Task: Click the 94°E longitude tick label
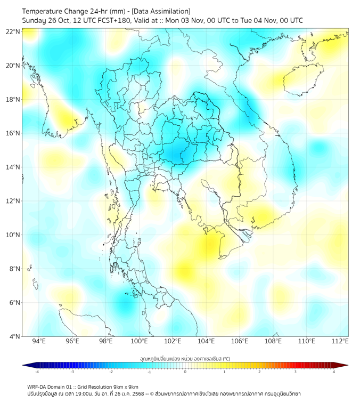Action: pos(39,341)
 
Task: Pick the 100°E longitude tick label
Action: pos(140,341)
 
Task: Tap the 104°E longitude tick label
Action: pos(206,341)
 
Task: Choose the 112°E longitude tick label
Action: pos(340,341)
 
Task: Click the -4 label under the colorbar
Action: pos(37,372)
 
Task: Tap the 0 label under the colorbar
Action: pos(185,372)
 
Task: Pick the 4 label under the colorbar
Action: pos(333,372)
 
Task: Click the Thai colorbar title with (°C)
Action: pos(185,359)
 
